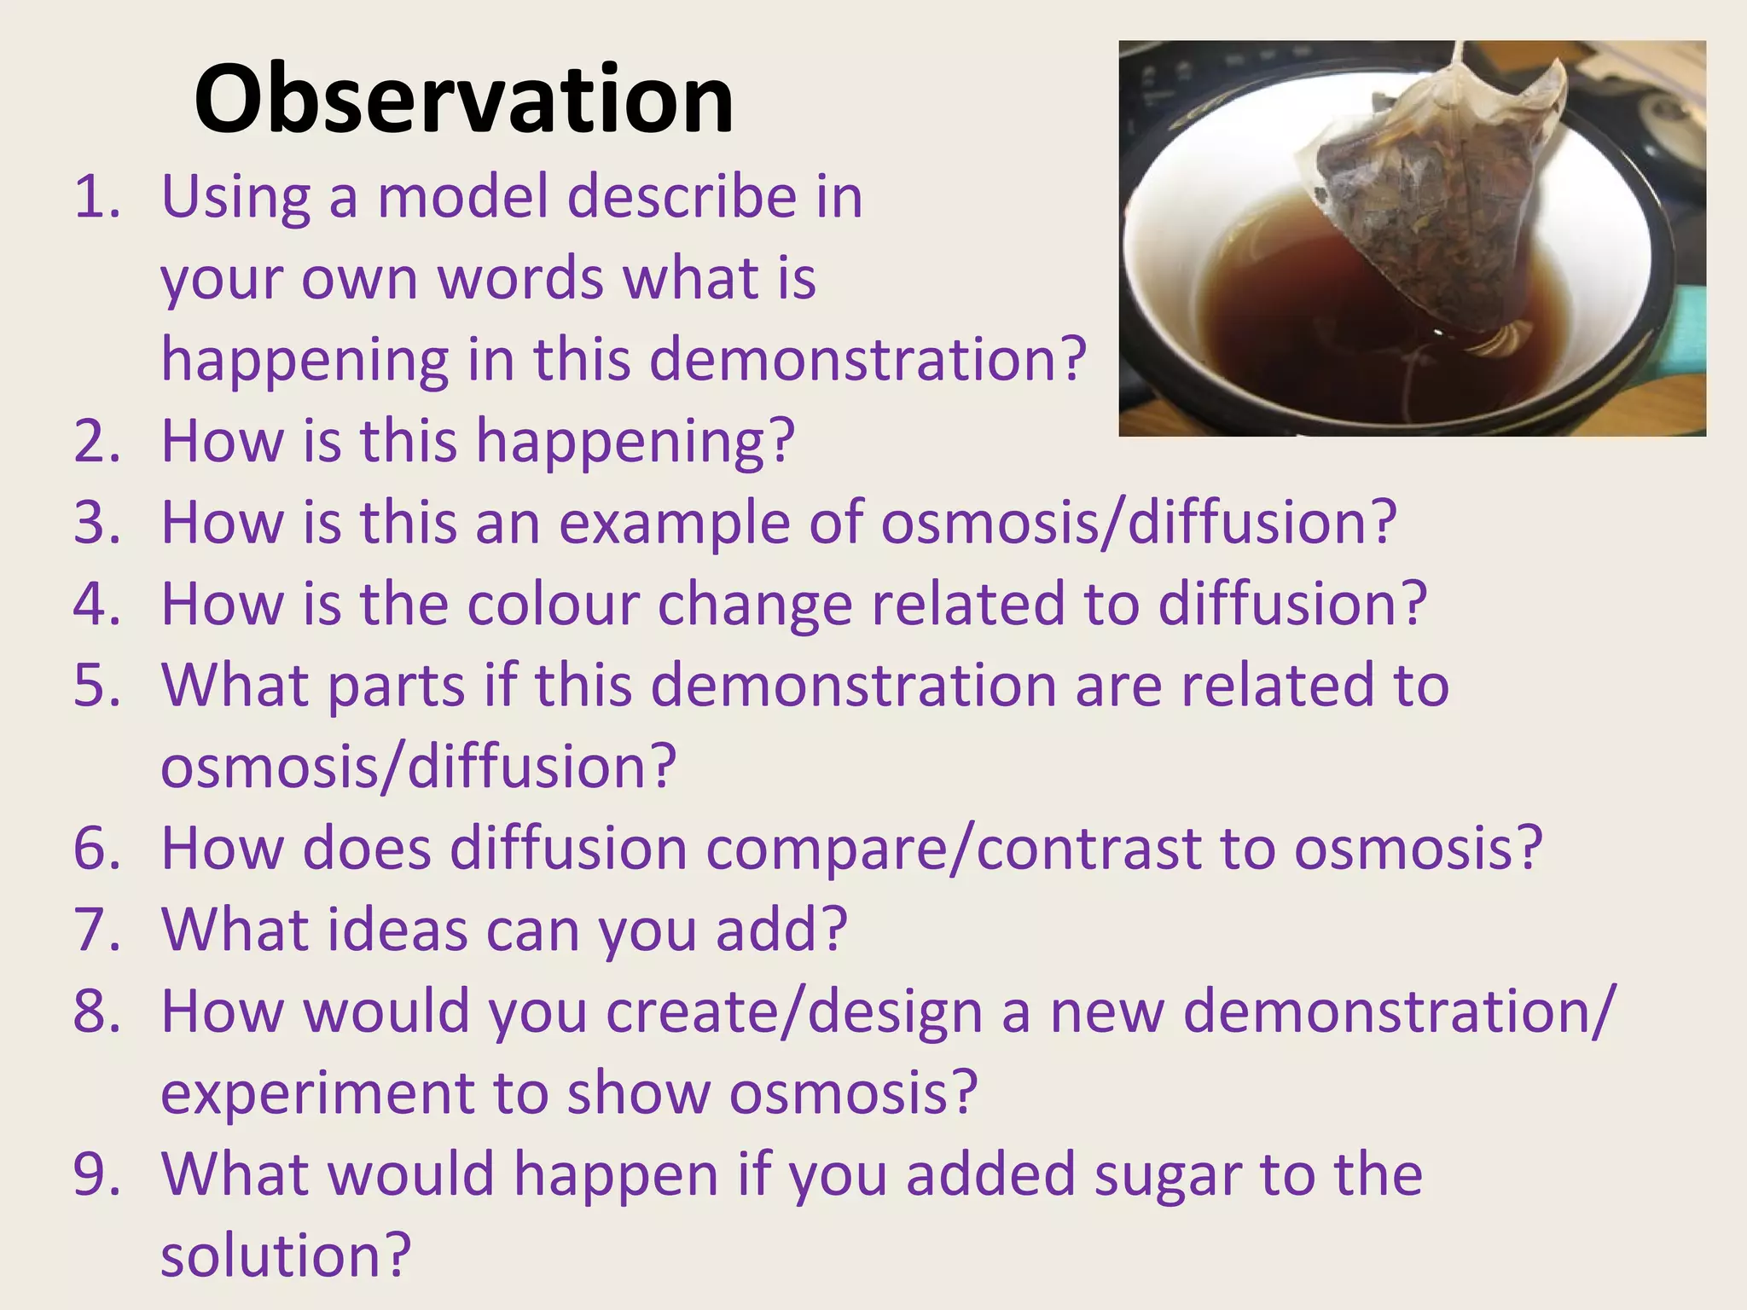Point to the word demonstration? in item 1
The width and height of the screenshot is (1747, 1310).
868,359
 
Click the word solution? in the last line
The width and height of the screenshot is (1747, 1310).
286,1255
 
